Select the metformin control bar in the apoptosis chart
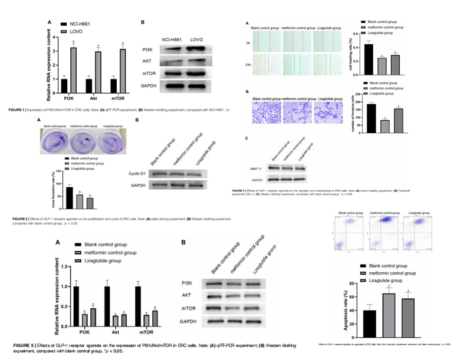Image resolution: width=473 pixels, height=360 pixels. tap(388, 310)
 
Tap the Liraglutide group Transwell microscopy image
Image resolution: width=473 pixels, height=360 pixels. tap(329, 113)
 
